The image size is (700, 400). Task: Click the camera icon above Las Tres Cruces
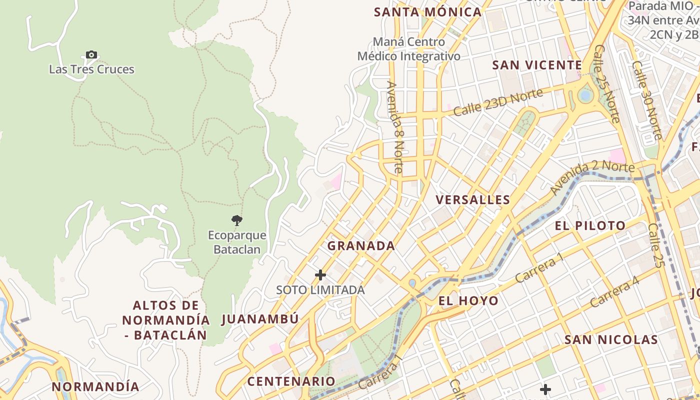click(x=91, y=55)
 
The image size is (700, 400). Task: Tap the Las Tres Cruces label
click(x=91, y=69)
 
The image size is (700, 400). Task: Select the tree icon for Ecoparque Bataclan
click(x=236, y=220)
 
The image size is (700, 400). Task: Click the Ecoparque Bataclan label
click(x=237, y=242)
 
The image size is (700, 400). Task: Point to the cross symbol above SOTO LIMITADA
click(x=320, y=275)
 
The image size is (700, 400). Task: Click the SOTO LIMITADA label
click(x=320, y=290)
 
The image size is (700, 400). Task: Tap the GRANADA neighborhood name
click(x=361, y=246)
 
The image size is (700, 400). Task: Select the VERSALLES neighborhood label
click(x=472, y=200)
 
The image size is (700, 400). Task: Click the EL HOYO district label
click(x=468, y=300)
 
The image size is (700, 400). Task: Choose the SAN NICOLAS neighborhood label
click(x=611, y=340)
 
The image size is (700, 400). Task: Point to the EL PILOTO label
click(x=590, y=226)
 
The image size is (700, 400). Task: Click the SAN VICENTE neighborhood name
click(x=537, y=65)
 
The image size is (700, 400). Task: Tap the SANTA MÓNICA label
click(x=427, y=12)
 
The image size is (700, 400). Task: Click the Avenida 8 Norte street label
click(x=394, y=127)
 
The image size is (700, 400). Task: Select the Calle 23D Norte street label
click(x=498, y=102)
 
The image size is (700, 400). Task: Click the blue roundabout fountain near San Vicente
click(x=584, y=95)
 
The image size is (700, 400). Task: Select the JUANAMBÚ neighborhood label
click(x=260, y=319)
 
